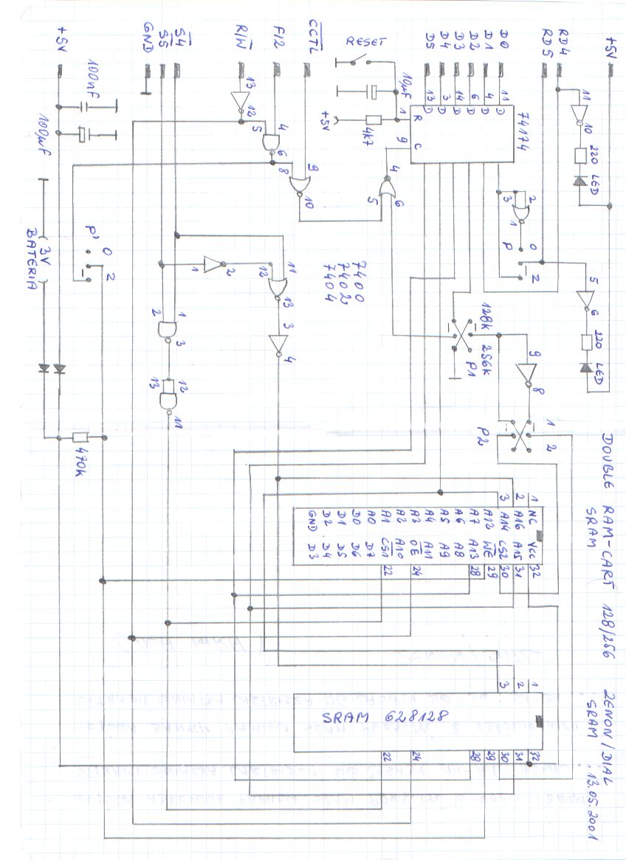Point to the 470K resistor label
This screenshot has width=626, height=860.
(83, 457)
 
